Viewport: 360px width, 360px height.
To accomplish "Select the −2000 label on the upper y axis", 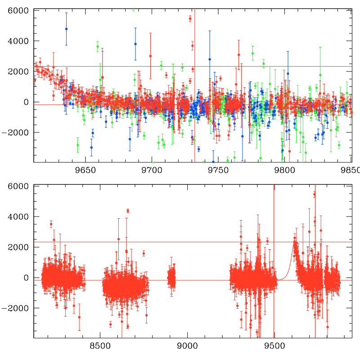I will tap(17, 133).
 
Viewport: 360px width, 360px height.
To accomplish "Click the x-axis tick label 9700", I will tap(152, 170).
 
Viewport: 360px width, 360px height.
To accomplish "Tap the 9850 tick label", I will tap(349, 170).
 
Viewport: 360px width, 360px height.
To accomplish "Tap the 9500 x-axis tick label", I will tap(274, 346).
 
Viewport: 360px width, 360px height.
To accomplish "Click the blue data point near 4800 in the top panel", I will tap(66, 29).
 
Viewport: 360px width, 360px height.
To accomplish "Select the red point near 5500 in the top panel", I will tap(190, 18).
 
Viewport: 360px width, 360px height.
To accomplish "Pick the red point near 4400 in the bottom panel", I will tap(128, 211).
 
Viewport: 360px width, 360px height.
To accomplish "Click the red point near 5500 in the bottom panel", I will tap(314, 194).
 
